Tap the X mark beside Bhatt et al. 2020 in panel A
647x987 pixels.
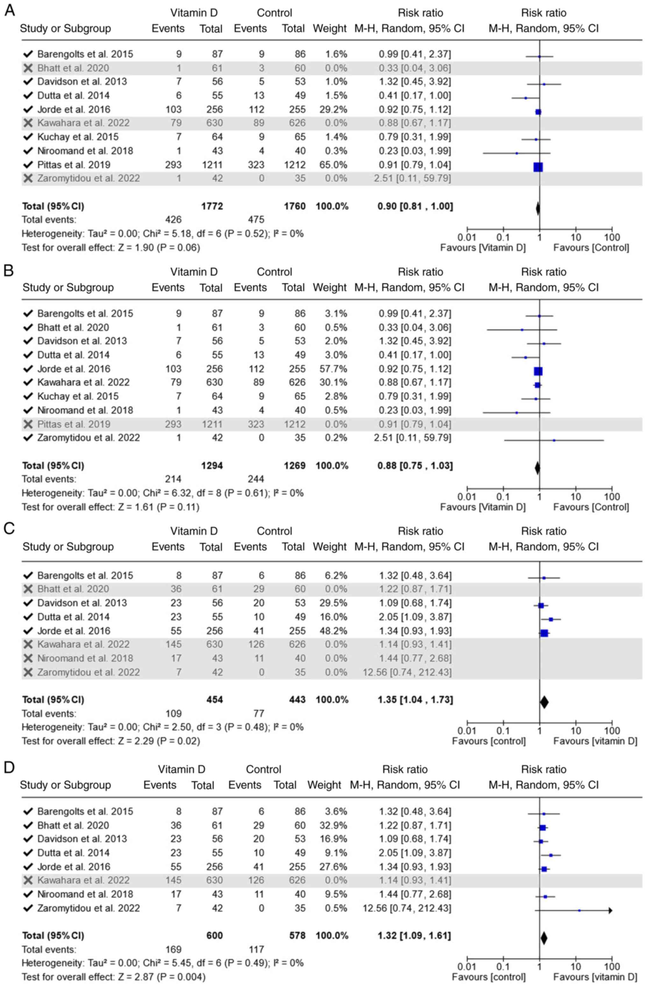[28, 68]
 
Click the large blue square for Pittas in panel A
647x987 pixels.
[538, 167]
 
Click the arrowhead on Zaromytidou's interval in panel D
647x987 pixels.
[610, 910]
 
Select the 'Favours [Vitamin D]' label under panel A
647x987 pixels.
[483, 248]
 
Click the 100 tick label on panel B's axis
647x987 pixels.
[612, 497]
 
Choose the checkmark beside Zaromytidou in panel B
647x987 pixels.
[28, 438]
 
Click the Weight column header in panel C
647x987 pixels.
[330, 547]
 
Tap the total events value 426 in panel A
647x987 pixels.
[173, 220]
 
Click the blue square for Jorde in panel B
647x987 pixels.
[538, 371]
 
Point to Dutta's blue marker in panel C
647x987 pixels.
[551, 619]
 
